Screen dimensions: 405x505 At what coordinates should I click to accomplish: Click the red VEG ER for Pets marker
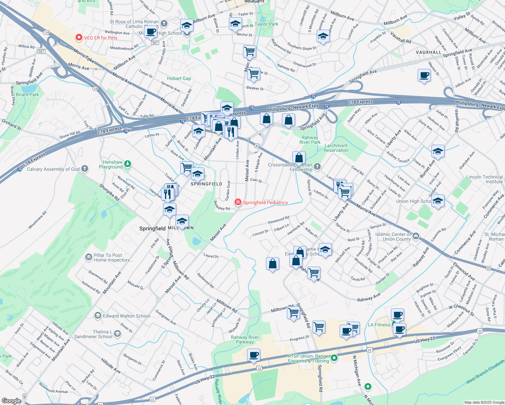pyautogui.click(x=79, y=37)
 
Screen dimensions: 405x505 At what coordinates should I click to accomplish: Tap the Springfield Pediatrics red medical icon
pyautogui.click(x=238, y=202)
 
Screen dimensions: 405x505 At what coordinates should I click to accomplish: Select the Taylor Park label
pyautogui.click(x=266, y=24)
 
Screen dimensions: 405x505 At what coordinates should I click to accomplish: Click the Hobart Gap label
pyautogui.click(x=179, y=78)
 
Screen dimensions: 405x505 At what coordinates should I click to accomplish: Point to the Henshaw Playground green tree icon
pyautogui.click(x=127, y=164)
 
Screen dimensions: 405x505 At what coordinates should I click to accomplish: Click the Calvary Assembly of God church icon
pyautogui.click(x=85, y=168)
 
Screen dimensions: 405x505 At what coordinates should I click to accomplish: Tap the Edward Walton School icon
pyautogui.click(x=98, y=316)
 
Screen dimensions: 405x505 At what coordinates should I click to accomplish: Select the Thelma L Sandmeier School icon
pyautogui.click(x=117, y=334)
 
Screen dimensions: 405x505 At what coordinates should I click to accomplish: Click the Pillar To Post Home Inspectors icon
pyautogui.click(x=88, y=257)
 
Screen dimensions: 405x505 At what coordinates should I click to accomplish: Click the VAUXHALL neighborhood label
pyautogui.click(x=428, y=52)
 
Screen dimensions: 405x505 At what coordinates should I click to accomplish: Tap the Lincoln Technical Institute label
pyautogui.click(x=484, y=179)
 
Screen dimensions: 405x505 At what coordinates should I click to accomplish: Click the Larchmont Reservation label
pyautogui.click(x=336, y=148)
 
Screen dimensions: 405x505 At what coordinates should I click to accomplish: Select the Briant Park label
pyautogui.click(x=27, y=94)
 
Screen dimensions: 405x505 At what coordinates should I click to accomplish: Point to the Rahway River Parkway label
pyautogui.click(x=245, y=340)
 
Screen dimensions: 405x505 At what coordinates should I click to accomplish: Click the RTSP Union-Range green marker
pyautogui.click(x=334, y=358)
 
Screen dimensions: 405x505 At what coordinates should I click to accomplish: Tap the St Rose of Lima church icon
pyautogui.click(x=164, y=23)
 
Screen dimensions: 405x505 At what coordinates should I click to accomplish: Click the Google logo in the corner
pyautogui.click(x=11, y=401)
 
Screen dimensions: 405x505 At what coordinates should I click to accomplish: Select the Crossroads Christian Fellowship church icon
pyautogui.click(x=317, y=166)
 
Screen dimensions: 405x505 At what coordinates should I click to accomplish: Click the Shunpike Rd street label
pyautogui.click(x=109, y=192)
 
